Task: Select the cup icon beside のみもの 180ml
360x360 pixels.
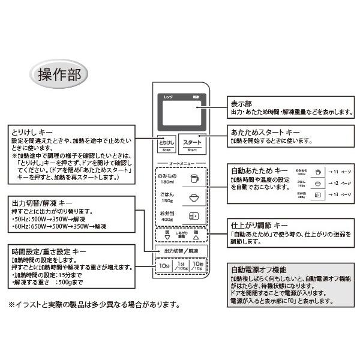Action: click(193, 178)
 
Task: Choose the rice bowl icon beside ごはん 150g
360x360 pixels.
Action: click(193, 197)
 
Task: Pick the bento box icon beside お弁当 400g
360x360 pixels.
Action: click(193, 217)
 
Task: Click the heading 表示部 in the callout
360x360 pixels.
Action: click(241, 103)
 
